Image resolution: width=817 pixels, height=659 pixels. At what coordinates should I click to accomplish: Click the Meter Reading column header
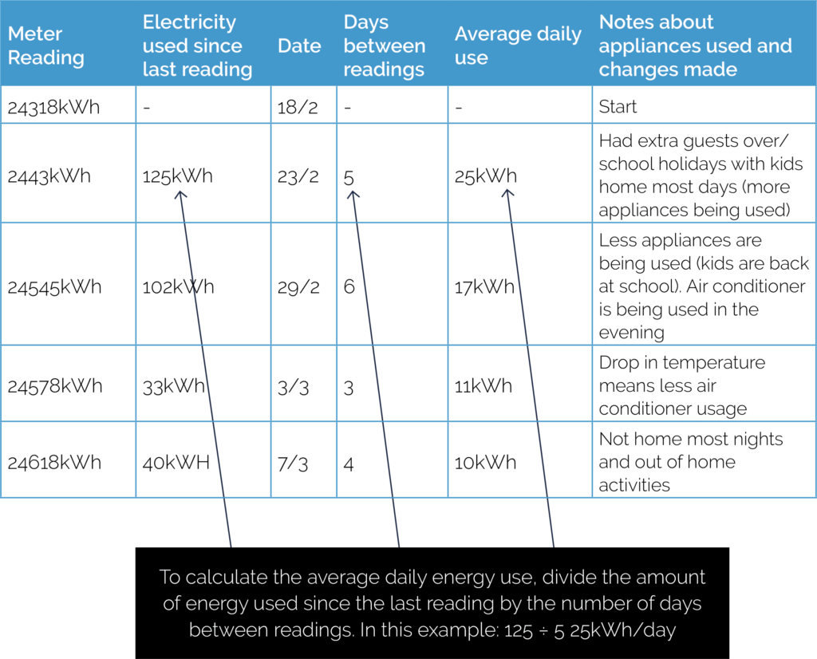point(45,45)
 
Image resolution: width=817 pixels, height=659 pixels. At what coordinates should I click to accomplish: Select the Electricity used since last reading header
point(197,45)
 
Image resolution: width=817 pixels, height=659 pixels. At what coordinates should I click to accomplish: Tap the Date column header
point(299,45)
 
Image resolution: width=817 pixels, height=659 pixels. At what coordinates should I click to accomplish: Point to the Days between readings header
point(384,45)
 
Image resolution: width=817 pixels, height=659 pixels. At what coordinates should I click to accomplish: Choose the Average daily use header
point(518,45)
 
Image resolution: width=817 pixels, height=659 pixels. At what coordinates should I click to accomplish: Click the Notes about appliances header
point(695,45)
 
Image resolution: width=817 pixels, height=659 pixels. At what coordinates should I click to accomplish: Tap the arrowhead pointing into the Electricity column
point(181,195)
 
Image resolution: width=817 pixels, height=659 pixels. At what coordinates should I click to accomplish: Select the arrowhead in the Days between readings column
point(353,194)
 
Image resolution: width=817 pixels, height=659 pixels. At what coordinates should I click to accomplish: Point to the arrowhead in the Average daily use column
point(507,193)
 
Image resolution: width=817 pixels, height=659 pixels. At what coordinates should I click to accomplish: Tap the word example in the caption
point(452,630)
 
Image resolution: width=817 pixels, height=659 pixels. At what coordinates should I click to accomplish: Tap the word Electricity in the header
point(189,22)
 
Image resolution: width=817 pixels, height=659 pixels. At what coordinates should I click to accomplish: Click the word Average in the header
point(489,34)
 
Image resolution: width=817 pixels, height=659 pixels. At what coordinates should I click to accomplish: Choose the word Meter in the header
point(35,34)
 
